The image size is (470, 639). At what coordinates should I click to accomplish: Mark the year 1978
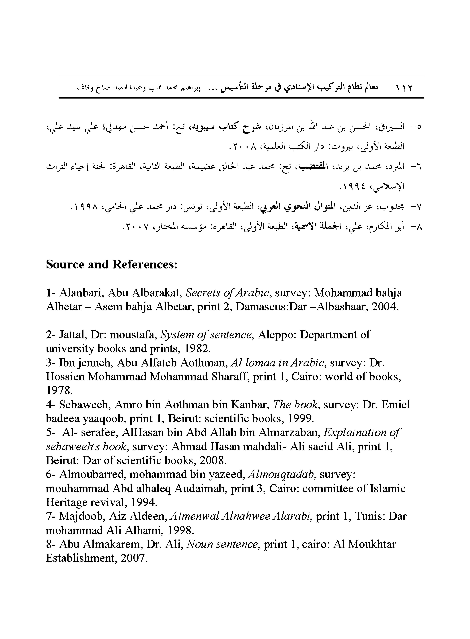[59, 390]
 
